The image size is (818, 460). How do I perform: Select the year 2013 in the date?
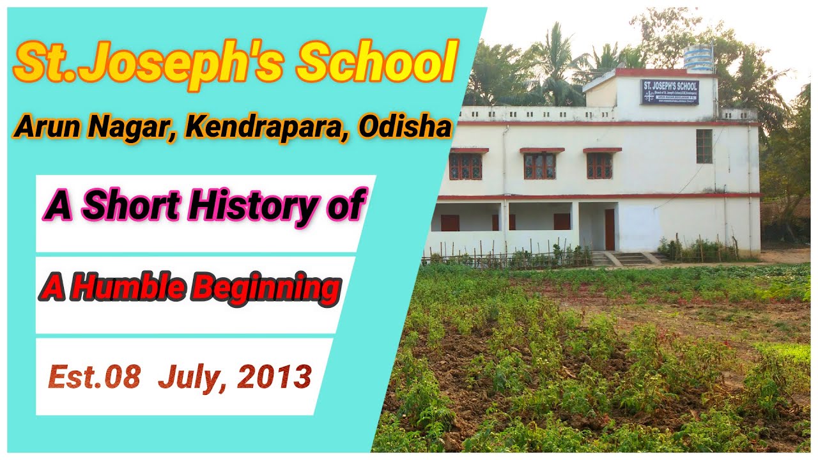pos(275,377)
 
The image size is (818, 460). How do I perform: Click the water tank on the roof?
pos(698,57)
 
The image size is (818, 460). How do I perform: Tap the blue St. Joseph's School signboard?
pos(670,91)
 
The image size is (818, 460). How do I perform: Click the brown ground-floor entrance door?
pos(610,229)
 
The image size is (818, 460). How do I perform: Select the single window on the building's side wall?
pos(704,146)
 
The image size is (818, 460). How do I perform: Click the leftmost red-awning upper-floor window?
pos(465,165)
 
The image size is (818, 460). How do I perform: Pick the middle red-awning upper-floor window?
pos(540,165)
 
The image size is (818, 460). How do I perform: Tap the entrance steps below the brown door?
pos(629,258)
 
